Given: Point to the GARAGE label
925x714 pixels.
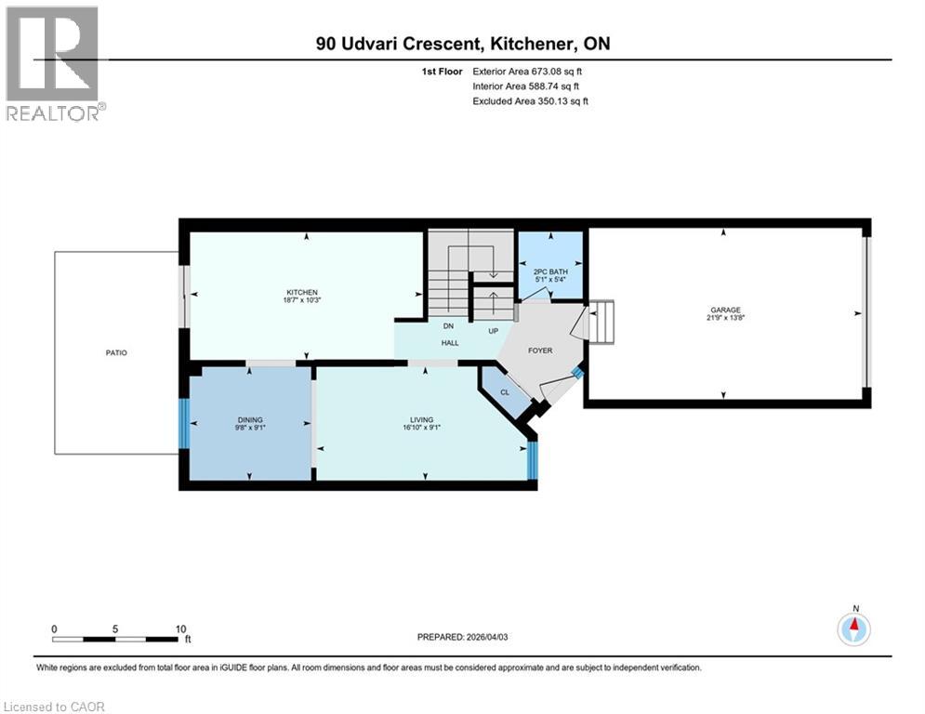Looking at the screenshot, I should pos(725,311).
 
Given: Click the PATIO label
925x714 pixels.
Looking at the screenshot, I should pos(116,353).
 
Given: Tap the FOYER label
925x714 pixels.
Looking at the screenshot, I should pos(540,351).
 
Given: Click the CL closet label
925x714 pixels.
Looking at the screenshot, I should pos(505,392).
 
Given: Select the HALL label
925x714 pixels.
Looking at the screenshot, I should pos(449,343).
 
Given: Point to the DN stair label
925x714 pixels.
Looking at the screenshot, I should pos(448,326).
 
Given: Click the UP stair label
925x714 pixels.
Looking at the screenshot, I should pos(496,330).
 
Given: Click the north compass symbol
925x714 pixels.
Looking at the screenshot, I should pos(853,629).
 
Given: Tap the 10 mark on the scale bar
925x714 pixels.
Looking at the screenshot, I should pos(180,628).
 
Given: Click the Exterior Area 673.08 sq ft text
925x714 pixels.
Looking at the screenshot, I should pos(528,71).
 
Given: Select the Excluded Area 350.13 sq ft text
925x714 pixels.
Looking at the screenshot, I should pos(530,100).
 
